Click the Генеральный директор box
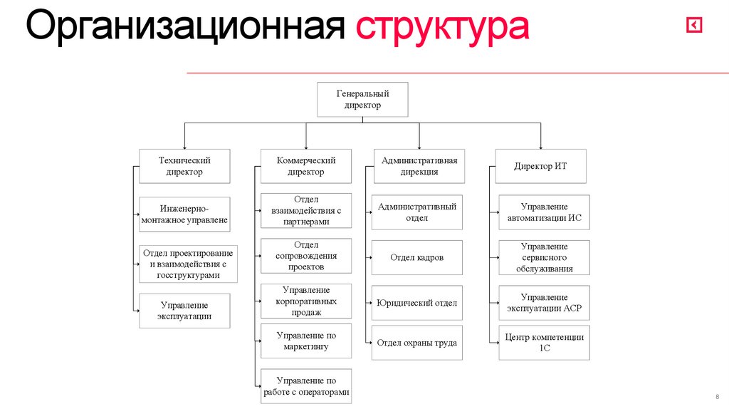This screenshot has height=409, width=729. pos(362,99)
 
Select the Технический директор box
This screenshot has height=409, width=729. pos(184,166)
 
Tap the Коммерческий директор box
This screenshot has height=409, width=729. pos(306,166)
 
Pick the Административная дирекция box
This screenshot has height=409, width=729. pos(419,166)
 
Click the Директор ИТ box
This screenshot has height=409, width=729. pos(540,166)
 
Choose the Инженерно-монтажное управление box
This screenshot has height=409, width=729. pos(184,214)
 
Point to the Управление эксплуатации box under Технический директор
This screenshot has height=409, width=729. pos(184,311)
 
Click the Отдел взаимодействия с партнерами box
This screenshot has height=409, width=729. pos(306,211)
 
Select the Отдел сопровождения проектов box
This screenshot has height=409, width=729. pos(306,256)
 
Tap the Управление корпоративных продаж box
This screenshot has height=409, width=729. pos(306,301)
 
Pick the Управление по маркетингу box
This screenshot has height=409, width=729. pos(306,341)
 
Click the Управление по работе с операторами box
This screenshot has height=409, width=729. pos(306,386)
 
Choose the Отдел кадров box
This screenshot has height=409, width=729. pos(416,257)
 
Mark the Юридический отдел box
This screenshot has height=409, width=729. pos(416,303)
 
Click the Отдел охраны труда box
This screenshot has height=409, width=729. pos(416,343)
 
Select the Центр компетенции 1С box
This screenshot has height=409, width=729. pos(544,343)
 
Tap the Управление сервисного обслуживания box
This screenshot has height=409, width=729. pos(544,257)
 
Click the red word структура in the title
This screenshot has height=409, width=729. pos(442,28)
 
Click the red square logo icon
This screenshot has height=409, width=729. pos(694,26)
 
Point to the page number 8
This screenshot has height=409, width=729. pos(716,396)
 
